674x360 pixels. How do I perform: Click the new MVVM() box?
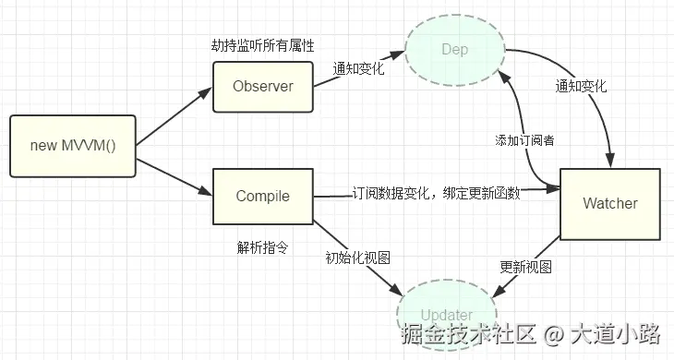(x=72, y=146)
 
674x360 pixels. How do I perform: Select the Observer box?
(x=262, y=87)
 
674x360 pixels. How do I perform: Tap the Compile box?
(x=262, y=196)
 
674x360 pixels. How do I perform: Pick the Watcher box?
(x=610, y=203)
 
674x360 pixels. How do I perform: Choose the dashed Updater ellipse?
(x=447, y=315)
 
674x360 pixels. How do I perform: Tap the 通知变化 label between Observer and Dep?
(x=359, y=68)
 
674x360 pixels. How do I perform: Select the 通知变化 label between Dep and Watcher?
(x=581, y=85)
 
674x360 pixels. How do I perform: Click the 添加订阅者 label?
(x=524, y=140)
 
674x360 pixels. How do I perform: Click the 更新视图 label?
(x=525, y=267)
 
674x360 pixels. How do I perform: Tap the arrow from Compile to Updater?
(x=360, y=255)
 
